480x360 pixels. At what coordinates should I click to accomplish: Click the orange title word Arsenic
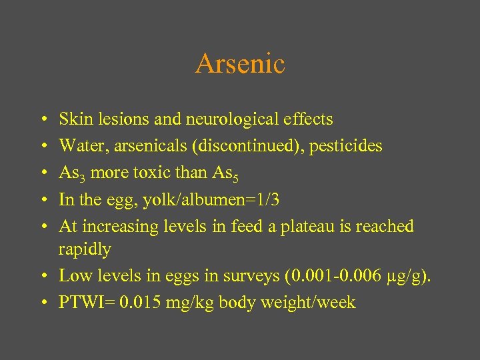[x=240, y=64]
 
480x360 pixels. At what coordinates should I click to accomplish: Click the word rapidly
[x=85, y=249]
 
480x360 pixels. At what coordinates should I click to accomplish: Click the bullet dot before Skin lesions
[x=43, y=120]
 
